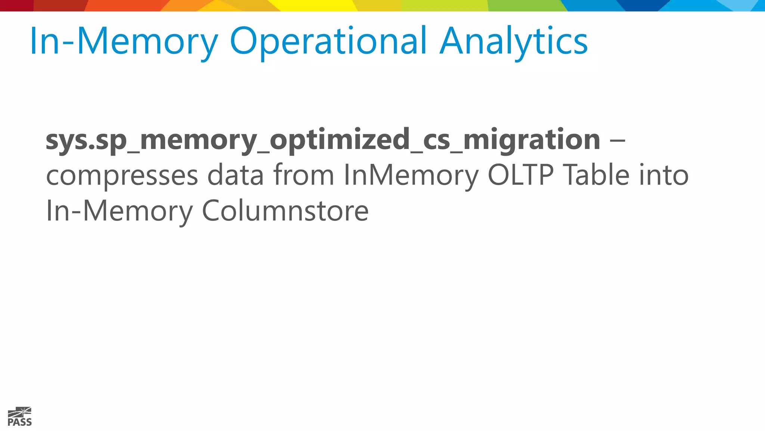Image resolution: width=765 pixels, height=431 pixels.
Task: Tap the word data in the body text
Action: click(x=235, y=175)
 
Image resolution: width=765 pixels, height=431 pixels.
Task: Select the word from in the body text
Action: click(x=303, y=175)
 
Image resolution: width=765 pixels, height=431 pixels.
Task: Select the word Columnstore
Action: click(x=285, y=211)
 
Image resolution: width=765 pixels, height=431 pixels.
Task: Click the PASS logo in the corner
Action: click(x=20, y=416)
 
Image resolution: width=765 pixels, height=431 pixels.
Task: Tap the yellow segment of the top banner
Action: click(x=318, y=5)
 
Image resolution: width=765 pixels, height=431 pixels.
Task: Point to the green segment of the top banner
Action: click(x=523, y=5)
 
